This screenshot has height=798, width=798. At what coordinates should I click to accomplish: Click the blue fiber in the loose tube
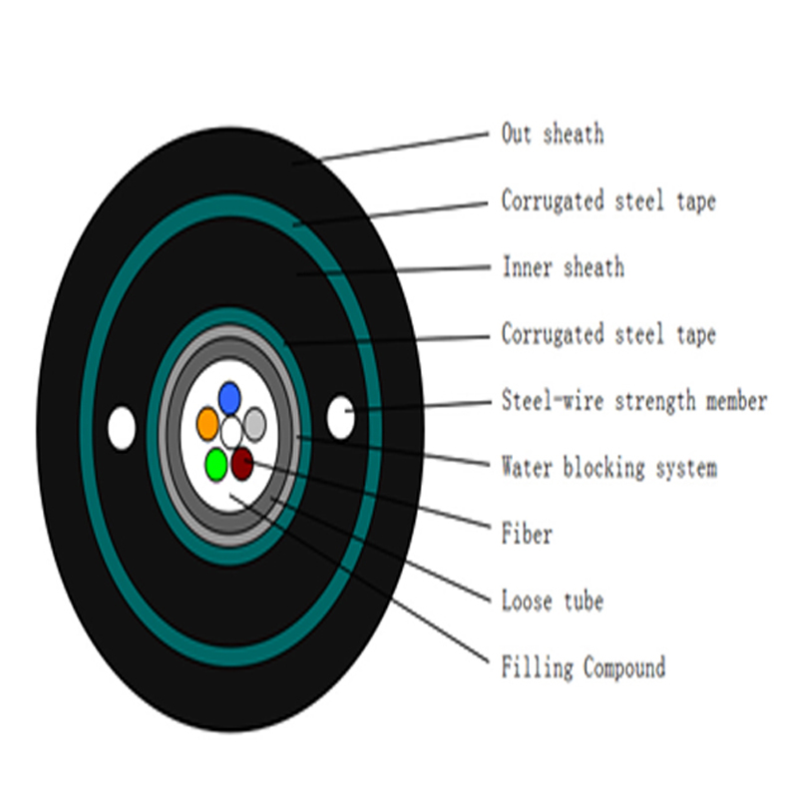pyautogui.click(x=229, y=398)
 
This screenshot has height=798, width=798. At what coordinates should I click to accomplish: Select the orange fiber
pyautogui.click(x=207, y=423)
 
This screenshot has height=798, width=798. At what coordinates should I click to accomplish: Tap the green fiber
pyautogui.click(x=216, y=464)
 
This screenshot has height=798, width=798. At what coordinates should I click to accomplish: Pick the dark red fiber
pyautogui.click(x=242, y=464)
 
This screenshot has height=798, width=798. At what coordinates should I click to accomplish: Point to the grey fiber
pyautogui.click(x=255, y=424)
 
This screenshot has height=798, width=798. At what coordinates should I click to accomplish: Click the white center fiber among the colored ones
pyautogui.click(x=231, y=432)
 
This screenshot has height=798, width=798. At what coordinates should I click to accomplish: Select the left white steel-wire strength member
pyautogui.click(x=122, y=428)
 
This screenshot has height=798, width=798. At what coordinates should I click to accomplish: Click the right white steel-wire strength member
pyautogui.click(x=340, y=417)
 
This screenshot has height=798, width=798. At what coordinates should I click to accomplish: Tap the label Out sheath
pyautogui.click(x=553, y=135)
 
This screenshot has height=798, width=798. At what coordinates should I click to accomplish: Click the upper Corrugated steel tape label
pyautogui.click(x=608, y=200)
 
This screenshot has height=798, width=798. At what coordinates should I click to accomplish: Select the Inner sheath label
pyautogui.click(x=564, y=267)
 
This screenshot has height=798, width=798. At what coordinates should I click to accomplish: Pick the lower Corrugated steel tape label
pyautogui.click(x=608, y=334)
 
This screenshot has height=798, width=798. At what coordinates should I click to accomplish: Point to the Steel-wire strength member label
pyautogui.click(x=634, y=401)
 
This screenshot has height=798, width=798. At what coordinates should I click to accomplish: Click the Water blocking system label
pyautogui.click(x=609, y=467)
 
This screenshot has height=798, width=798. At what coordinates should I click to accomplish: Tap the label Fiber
pyautogui.click(x=527, y=534)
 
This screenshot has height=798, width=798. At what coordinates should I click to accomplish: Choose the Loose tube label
pyautogui.click(x=553, y=600)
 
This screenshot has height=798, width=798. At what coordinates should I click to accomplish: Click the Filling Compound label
pyautogui.click(x=584, y=667)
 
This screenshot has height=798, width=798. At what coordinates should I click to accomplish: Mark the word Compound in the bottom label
pyautogui.click(x=624, y=667)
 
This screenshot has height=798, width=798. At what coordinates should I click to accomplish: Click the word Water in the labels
pyautogui.click(x=527, y=467)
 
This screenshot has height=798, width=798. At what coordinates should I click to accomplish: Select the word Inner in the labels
pyautogui.click(x=528, y=267)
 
